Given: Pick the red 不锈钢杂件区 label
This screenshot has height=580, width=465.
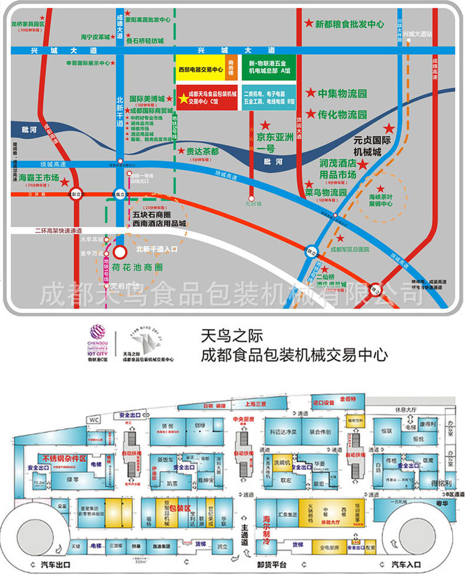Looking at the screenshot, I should (x=64, y=457).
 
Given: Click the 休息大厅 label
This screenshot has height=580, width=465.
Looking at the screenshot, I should (x=405, y=408).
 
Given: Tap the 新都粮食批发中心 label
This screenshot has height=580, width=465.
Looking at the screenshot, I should (x=349, y=24).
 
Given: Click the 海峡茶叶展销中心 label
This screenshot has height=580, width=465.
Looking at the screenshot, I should (x=380, y=200).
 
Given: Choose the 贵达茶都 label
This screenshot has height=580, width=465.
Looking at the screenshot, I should (x=202, y=151).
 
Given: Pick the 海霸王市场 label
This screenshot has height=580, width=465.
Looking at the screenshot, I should (x=39, y=177).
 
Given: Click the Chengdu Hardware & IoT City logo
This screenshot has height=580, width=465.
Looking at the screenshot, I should (x=98, y=344).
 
